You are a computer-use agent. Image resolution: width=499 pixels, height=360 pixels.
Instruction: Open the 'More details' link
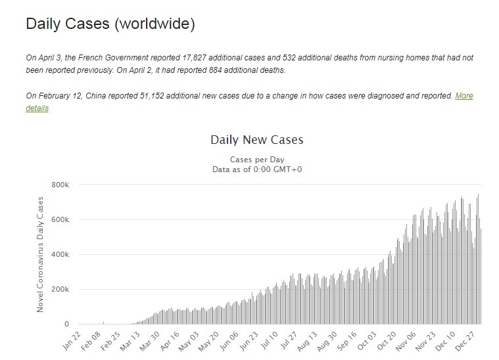(463, 96)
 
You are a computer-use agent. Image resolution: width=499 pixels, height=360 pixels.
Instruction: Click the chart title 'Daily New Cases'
(256, 140)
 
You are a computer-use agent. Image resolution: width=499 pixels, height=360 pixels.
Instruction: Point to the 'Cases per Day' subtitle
(256, 160)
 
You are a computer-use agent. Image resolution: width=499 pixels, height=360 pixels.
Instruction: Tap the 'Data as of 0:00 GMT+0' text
(256, 169)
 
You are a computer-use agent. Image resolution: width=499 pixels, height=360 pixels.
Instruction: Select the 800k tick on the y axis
(60, 185)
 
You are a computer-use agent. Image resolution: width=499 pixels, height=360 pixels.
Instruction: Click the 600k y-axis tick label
(60, 219)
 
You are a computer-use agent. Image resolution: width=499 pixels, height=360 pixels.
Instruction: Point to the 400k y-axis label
(60, 254)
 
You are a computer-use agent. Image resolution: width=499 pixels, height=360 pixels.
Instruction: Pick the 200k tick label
(60, 289)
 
